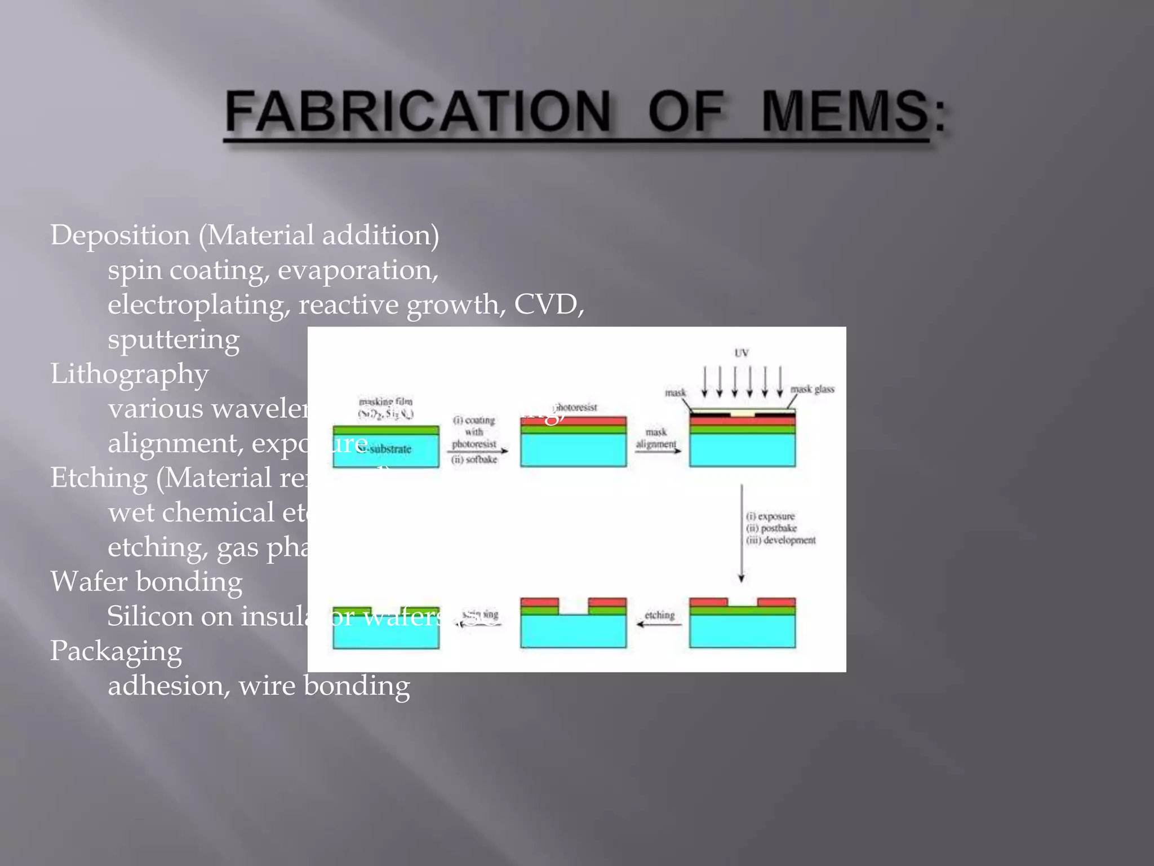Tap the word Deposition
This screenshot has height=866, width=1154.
click(x=120, y=235)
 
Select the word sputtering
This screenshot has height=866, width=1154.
click(x=174, y=339)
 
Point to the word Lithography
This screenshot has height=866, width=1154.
click(x=130, y=374)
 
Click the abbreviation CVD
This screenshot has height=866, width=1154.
click(x=549, y=304)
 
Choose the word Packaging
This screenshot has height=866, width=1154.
click(x=116, y=651)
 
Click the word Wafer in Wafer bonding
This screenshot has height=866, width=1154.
click(x=89, y=582)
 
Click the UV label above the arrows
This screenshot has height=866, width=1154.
click(x=742, y=353)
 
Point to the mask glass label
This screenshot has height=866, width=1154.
click(x=812, y=389)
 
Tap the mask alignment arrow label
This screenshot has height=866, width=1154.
click(x=656, y=438)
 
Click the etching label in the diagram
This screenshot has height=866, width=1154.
click(x=659, y=615)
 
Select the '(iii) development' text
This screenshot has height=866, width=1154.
click(x=781, y=540)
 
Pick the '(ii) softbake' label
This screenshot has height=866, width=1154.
click(x=474, y=459)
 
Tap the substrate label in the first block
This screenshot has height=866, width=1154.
click(x=389, y=449)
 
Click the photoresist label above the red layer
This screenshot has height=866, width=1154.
click(x=576, y=407)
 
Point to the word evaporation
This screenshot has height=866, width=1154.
click(x=357, y=270)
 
